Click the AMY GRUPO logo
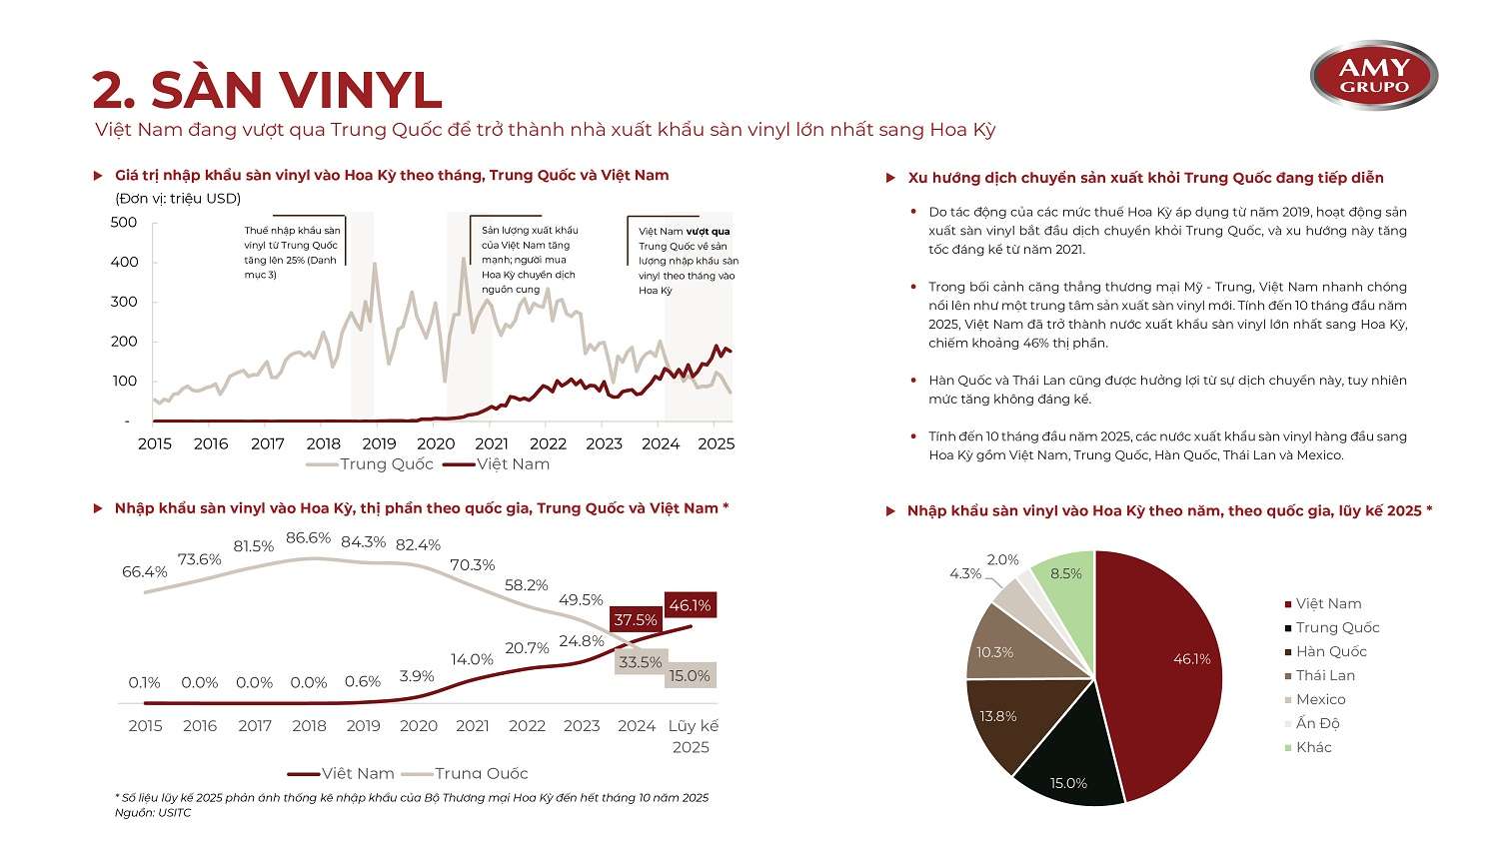coord(1373,76)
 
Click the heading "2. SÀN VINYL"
coord(267,90)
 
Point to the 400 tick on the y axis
coord(125,262)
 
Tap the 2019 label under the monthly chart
coord(380,443)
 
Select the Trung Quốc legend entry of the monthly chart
coord(370,464)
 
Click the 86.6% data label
coord(309,537)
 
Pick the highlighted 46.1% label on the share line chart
coord(690,605)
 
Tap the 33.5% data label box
coord(641,662)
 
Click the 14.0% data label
coord(472,659)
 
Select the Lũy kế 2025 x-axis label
coord(692,736)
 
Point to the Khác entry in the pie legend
coord(1308,748)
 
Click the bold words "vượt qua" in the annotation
coord(708,232)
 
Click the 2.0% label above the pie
coord(1002,559)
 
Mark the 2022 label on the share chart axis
coord(527,726)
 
